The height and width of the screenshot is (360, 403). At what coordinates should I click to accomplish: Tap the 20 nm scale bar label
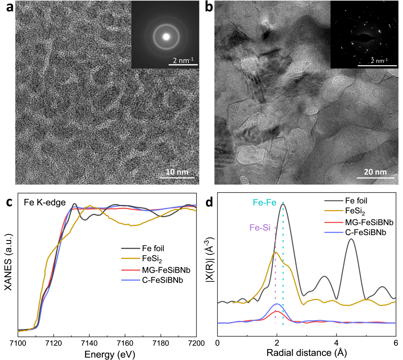click(x=375, y=172)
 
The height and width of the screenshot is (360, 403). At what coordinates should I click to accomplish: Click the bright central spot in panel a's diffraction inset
click(x=166, y=37)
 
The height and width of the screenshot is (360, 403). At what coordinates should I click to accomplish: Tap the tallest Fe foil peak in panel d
click(x=284, y=204)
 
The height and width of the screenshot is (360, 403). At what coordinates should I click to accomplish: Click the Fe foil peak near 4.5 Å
click(x=351, y=239)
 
